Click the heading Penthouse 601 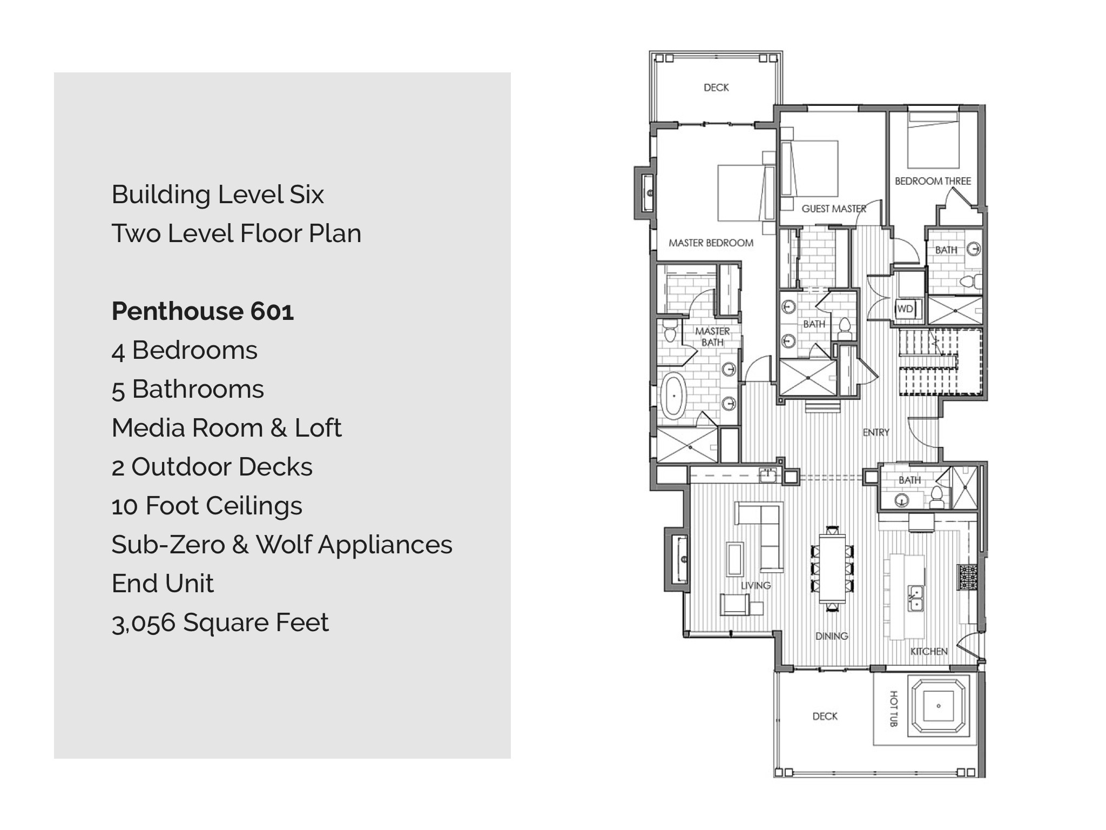tap(203, 311)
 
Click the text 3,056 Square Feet tap(220, 622)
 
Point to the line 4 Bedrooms tap(184, 350)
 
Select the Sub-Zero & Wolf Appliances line tap(282, 545)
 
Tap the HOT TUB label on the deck tap(893, 708)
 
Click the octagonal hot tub tap(939, 706)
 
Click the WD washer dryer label tap(905, 309)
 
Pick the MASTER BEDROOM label tap(711, 243)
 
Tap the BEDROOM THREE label tap(933, 181)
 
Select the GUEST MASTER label tap(834, 209)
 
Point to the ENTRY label tap(876, 432)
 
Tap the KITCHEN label tap(929, 652)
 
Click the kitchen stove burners tap(967, 577)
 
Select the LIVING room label tap(756, 586)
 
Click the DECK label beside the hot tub tap(825, 717)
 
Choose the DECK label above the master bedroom tap(716, 88)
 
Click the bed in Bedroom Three tap(933, 140)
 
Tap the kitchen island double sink tap(915, 598)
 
